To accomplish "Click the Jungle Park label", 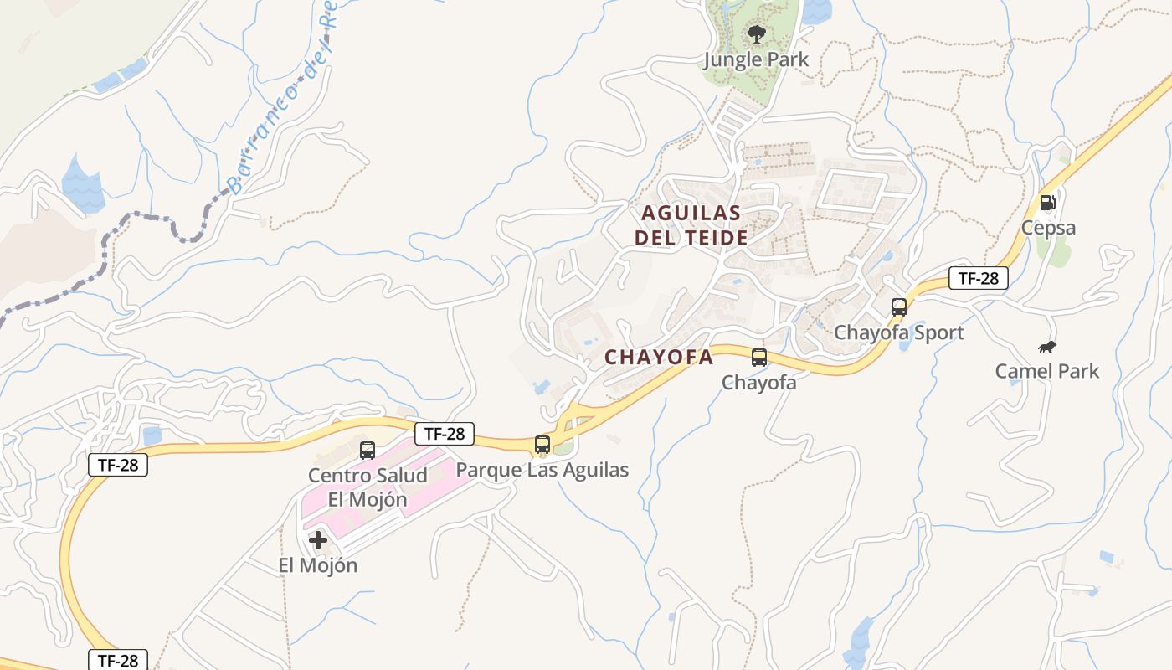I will click(x=756, y=59).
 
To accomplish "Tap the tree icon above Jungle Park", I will click(x=756, y=34).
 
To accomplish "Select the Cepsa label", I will click(x=1048, y=228).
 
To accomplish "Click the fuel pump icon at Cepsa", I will click(x=1047, y=203).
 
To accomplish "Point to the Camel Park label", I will click(x=1047, y=371).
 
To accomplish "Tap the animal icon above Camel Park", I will click(x=1047, y=347).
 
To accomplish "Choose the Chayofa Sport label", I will click(x=899, y=332).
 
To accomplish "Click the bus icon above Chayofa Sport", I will click(x=899, y=307).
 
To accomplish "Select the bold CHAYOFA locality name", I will click(x=659, y=358).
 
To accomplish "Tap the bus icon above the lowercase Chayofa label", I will click(x=759, y=358).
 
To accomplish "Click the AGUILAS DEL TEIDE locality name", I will click(x=691, y=225).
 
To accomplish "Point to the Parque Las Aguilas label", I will click(x=542, y=470).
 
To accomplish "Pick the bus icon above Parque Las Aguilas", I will click(x=542, y=445).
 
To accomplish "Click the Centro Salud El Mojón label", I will click(x=368, y=487).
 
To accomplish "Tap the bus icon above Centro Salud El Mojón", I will click(x=368, y=451).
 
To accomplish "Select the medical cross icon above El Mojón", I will click(x=318, y=540).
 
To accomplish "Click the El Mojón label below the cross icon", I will click(x=318, y=565).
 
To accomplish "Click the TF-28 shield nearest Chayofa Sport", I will click(x=978, y=278).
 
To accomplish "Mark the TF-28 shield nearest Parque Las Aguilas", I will click(x=445, y=434).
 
